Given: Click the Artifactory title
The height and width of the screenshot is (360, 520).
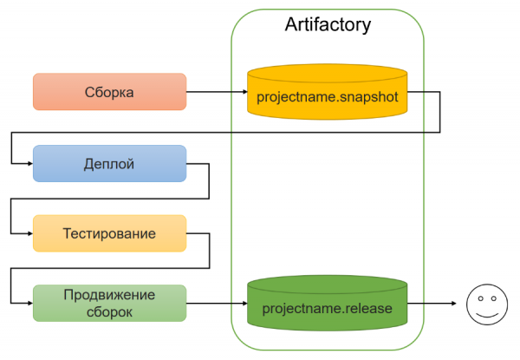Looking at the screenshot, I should pos(328,24).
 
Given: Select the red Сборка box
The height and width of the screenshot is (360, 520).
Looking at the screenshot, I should pos(109,92).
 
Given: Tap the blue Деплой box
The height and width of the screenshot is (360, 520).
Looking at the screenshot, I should pos(109,163).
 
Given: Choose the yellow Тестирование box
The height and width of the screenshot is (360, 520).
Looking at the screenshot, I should pos(109,233).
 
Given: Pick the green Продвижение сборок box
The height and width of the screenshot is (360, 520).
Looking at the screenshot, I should pos(109,303).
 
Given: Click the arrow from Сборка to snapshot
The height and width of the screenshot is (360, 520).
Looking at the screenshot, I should pos(217,92).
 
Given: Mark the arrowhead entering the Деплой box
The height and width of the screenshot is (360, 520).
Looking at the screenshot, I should pos(29,163).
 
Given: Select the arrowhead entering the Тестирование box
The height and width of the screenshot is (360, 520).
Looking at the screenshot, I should pos(29,233).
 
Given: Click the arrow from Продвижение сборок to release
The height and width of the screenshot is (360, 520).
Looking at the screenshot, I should pos(217,304).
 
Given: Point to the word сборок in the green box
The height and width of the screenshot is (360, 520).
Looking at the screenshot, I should pos(109,311).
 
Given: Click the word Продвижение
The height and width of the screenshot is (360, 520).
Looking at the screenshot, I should pos(109,295).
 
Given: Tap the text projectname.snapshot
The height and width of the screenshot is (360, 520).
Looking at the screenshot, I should pos(327,98).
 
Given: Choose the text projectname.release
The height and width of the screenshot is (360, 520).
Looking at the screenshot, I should pos(327,309).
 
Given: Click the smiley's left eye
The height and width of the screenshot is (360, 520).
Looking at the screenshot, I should pos(478,298).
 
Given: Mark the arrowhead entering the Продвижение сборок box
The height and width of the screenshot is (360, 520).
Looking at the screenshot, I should pos(29,304).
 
